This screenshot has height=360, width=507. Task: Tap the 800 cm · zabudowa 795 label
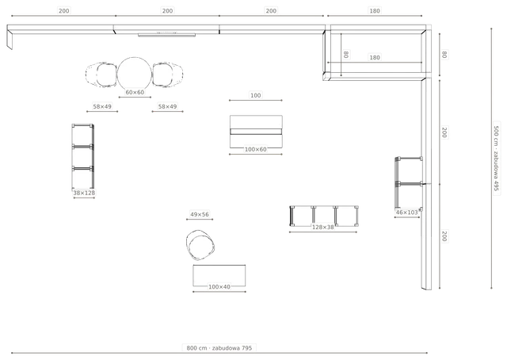(219, 348)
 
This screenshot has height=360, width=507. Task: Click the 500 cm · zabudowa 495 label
(497, 159)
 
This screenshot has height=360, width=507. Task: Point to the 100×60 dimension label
(255, 149)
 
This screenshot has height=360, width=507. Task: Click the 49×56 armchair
(200, 245)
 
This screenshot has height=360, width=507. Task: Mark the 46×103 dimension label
(406, 213)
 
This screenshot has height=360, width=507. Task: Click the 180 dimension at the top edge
(375, 10)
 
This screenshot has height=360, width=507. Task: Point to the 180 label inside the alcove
(375, 58)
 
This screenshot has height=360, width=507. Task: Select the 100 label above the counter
(255, 95)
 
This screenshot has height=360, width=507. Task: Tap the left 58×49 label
(102, 106)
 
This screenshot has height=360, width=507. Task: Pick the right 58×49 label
(167, 106)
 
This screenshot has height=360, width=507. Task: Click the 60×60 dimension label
(135, 92)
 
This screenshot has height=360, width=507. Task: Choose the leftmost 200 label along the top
(63, 10)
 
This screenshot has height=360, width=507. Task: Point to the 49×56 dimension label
(200, 214)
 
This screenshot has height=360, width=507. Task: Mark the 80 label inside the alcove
(345, 55)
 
